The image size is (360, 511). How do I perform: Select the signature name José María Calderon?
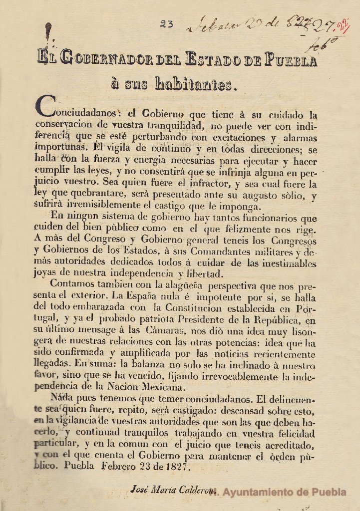pyautogui.click(x=168, y=489)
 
